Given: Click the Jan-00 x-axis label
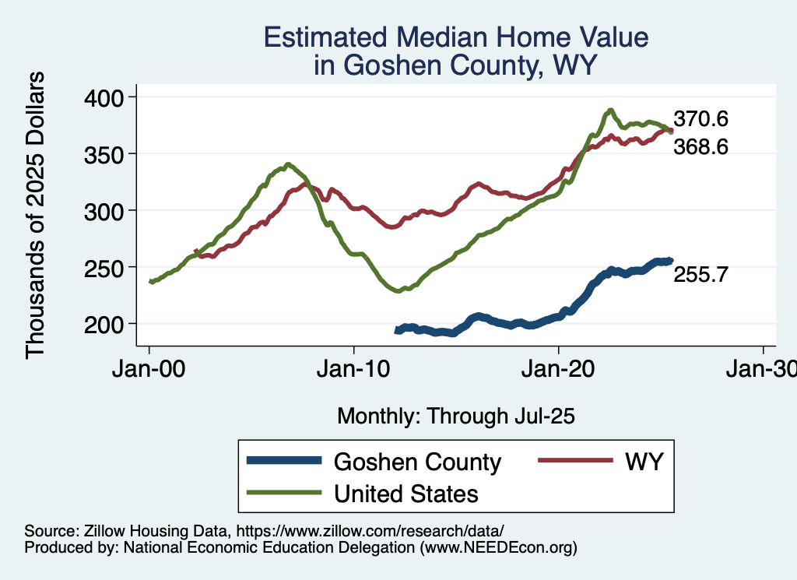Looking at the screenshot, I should pyautogui.click(x=149, y=370).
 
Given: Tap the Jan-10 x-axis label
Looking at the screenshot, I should pyautogui.click(x=354, y=370).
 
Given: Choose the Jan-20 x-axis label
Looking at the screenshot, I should pyautogui.click(x=559, y=370).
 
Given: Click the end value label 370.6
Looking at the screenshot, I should pyautogui.click(x=700, y=120).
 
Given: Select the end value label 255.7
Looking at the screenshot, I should pyautogui.click(x=700, y=274).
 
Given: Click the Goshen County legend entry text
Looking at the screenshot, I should pyautogui.click(x=417, y=462).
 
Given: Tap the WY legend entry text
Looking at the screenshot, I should pyautogui.click(x=643, y=462).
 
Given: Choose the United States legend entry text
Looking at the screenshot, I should pyautogui.click(x=406, y=493).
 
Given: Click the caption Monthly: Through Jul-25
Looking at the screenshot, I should pyautogui.click(x=455, y=417).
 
